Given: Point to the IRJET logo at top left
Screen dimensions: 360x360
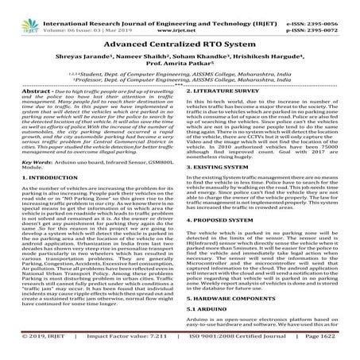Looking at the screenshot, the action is [16, 10].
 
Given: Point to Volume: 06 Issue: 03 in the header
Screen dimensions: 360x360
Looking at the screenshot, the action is [72, 14].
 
